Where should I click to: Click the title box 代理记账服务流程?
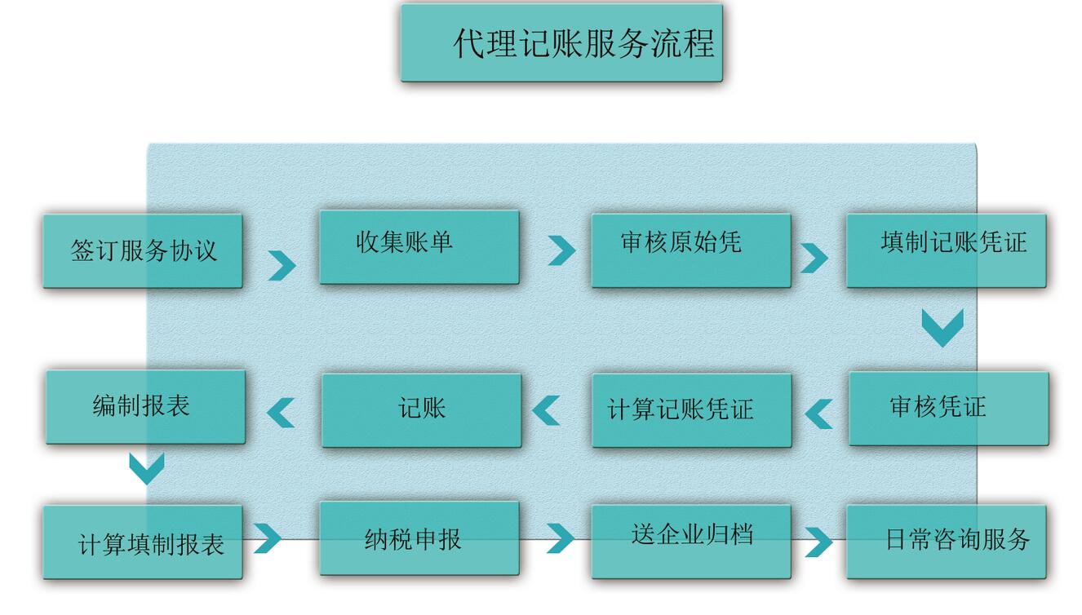(561, 43)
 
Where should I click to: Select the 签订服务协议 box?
(143, 250)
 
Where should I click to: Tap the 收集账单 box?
(419, 247)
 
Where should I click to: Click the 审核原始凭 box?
(690, 250)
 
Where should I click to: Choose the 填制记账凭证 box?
(946, 250)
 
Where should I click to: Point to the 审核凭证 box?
(948, 408)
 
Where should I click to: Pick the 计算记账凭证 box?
(691, 410)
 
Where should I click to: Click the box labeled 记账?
(421, 410)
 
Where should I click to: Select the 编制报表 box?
(145, 407)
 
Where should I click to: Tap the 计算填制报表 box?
(143, 542)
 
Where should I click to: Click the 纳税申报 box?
(419, 538)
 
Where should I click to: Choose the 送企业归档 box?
(690, 542)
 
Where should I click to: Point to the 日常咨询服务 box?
(946, 542)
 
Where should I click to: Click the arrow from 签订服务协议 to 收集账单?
(282, 265)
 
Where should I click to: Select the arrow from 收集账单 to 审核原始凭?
(561, 250)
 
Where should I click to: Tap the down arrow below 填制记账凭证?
(942, 327)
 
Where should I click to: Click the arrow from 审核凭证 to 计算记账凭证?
(818, 414)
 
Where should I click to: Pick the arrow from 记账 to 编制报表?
(282, 413)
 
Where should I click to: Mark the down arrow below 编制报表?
(147, 468)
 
